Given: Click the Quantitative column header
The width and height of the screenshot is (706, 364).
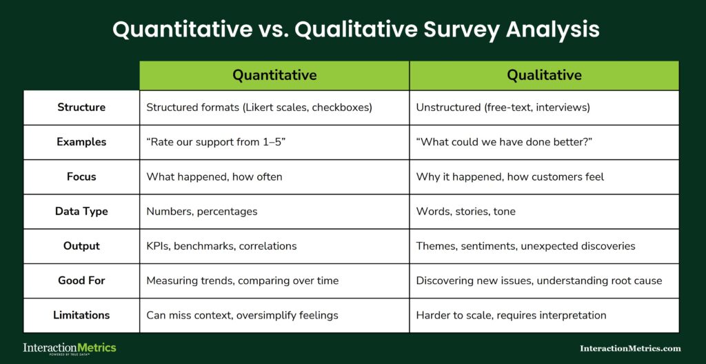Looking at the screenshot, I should (x=274, y=75).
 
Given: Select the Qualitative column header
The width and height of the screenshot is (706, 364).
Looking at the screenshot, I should (x=544, y=75).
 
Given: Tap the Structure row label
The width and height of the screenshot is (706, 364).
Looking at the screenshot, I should (x=81, y=108).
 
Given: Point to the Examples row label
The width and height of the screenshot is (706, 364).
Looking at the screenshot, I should (x=81, y=142).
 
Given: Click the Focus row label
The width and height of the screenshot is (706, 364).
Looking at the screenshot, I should (x=81, y=176).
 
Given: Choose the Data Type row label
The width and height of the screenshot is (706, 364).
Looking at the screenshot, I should (x=81, y=211).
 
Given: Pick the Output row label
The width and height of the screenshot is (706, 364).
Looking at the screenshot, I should (x=81, y=245).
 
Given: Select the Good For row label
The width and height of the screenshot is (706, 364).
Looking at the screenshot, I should (x=81, y=281).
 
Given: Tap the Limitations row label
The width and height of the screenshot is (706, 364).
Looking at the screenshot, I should (x=81, y=315).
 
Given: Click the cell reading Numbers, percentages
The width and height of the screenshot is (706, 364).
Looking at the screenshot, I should (x=201, y=212).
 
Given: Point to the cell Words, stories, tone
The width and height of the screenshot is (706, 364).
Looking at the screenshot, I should (x=465, y=212).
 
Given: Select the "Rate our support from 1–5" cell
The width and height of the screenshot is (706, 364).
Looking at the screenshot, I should (x=216, y=142).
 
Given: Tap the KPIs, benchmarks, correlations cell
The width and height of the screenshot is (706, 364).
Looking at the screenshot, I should (x=221, y=246).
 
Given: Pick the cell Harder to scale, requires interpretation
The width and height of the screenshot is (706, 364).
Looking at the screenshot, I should (x=511, y=315).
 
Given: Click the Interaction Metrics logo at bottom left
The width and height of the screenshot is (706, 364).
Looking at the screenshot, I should (x=70, y=348).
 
